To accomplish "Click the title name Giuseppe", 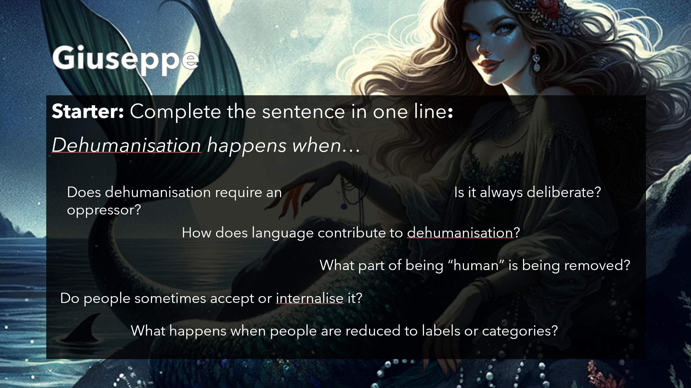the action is point(126,59).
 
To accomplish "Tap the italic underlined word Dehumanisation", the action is point(127,145).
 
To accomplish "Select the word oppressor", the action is point(104,210).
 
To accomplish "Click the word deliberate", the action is point(564,192).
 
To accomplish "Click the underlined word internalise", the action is point(310,298).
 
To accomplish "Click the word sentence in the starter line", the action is point(303,111).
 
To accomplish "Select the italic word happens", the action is point(246,146).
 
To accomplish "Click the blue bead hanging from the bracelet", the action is point(344,206).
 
